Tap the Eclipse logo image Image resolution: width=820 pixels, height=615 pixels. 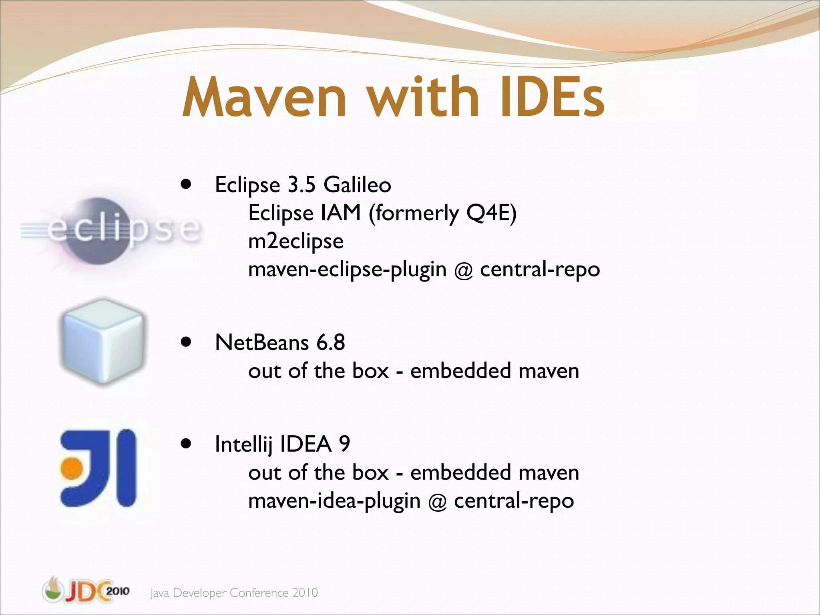[x=110, y=230]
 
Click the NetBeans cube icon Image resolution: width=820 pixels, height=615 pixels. [x=102, y=342]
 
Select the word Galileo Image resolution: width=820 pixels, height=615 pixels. [x=357, y=185]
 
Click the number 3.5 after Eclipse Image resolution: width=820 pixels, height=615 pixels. [x=301, y=185]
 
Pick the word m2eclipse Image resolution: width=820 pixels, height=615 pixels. [x=296, y=241]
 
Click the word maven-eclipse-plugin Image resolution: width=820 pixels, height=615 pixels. [x=347, y=269]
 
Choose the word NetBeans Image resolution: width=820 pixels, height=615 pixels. [x=262, y=343]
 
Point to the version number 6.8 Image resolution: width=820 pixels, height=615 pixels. [x=331, y=343]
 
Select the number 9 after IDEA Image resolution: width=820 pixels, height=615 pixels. [x=344, y=444]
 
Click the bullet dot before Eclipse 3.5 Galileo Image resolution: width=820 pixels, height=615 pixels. [x=185, y=185]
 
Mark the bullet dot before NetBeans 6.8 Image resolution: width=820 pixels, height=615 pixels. [x=185, y=342]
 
